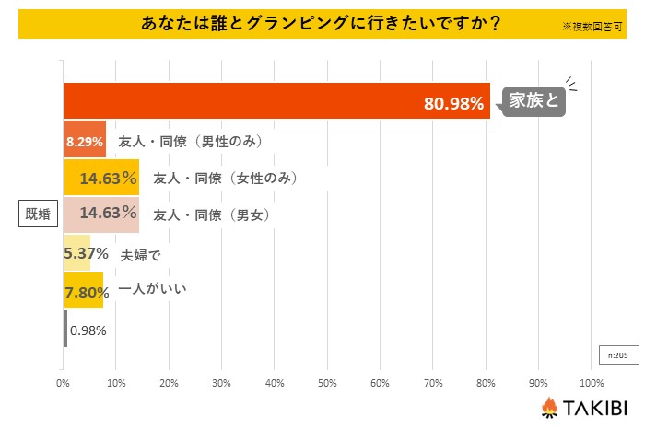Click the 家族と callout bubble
pyautogui.click(x=532, y=100)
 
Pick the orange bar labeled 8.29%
pyautogui.click(x=85, y=142)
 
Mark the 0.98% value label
pyautogui.click(x=88, y=330)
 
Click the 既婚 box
pyautogui.click(x=39, y=215)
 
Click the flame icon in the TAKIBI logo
pyautogui.click(x=548, y=407)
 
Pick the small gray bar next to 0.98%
pyautogui.click(x=65, y=329)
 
